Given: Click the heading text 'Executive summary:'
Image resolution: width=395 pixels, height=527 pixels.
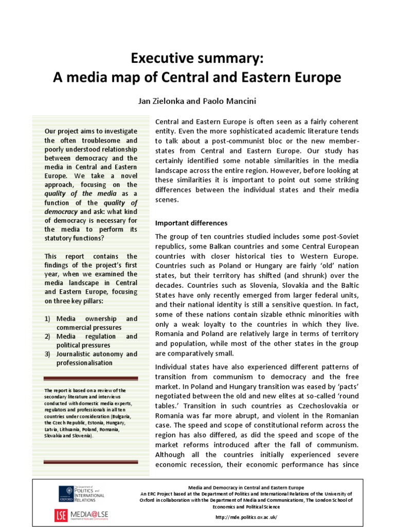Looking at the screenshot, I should click(x=197, y=58).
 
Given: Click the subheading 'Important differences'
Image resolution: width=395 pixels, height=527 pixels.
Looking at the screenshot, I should click(x=191, y=223).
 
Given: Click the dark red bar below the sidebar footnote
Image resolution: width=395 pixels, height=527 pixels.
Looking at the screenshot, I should click(x=91, y=462).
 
